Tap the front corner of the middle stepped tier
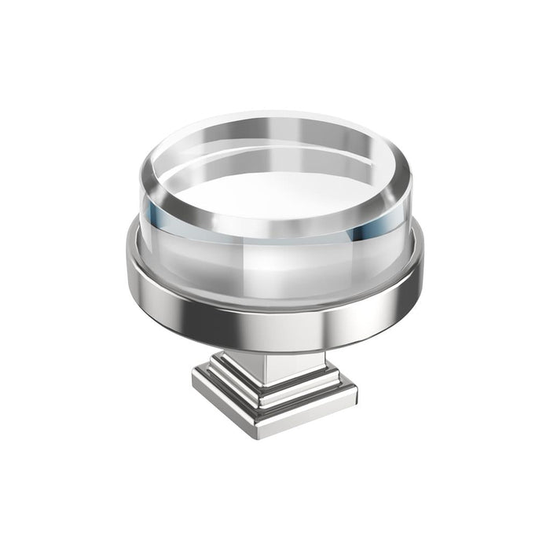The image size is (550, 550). pos(259,409)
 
